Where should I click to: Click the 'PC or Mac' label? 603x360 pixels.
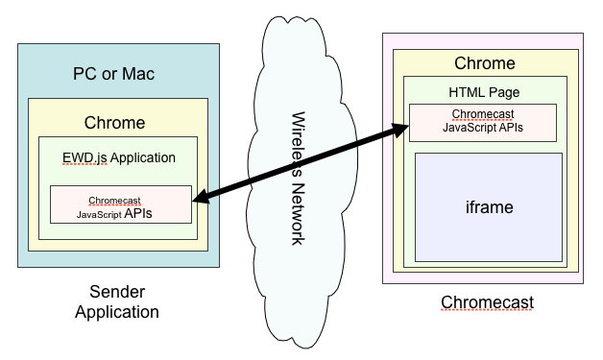point(113,74)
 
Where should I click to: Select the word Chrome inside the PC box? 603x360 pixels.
point(114,123)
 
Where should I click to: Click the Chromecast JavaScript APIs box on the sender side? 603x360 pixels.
point(120,206)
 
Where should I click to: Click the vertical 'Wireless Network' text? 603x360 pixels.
point(298,179)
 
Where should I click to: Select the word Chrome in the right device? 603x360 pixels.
point(484,64)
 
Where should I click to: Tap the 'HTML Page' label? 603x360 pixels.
point(484,92)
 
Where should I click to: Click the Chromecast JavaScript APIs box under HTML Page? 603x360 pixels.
point(483,122)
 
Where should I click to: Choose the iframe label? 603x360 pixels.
point(488,206)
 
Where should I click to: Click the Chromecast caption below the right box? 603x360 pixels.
point(487,303)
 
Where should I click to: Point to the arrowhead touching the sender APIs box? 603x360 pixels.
point(200,201)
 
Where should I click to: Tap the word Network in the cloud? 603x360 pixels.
point(298,212)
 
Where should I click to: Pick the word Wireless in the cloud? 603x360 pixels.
point(298,143)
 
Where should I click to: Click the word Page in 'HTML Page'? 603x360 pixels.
point(503,92)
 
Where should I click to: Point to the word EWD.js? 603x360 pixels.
point(79,156)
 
